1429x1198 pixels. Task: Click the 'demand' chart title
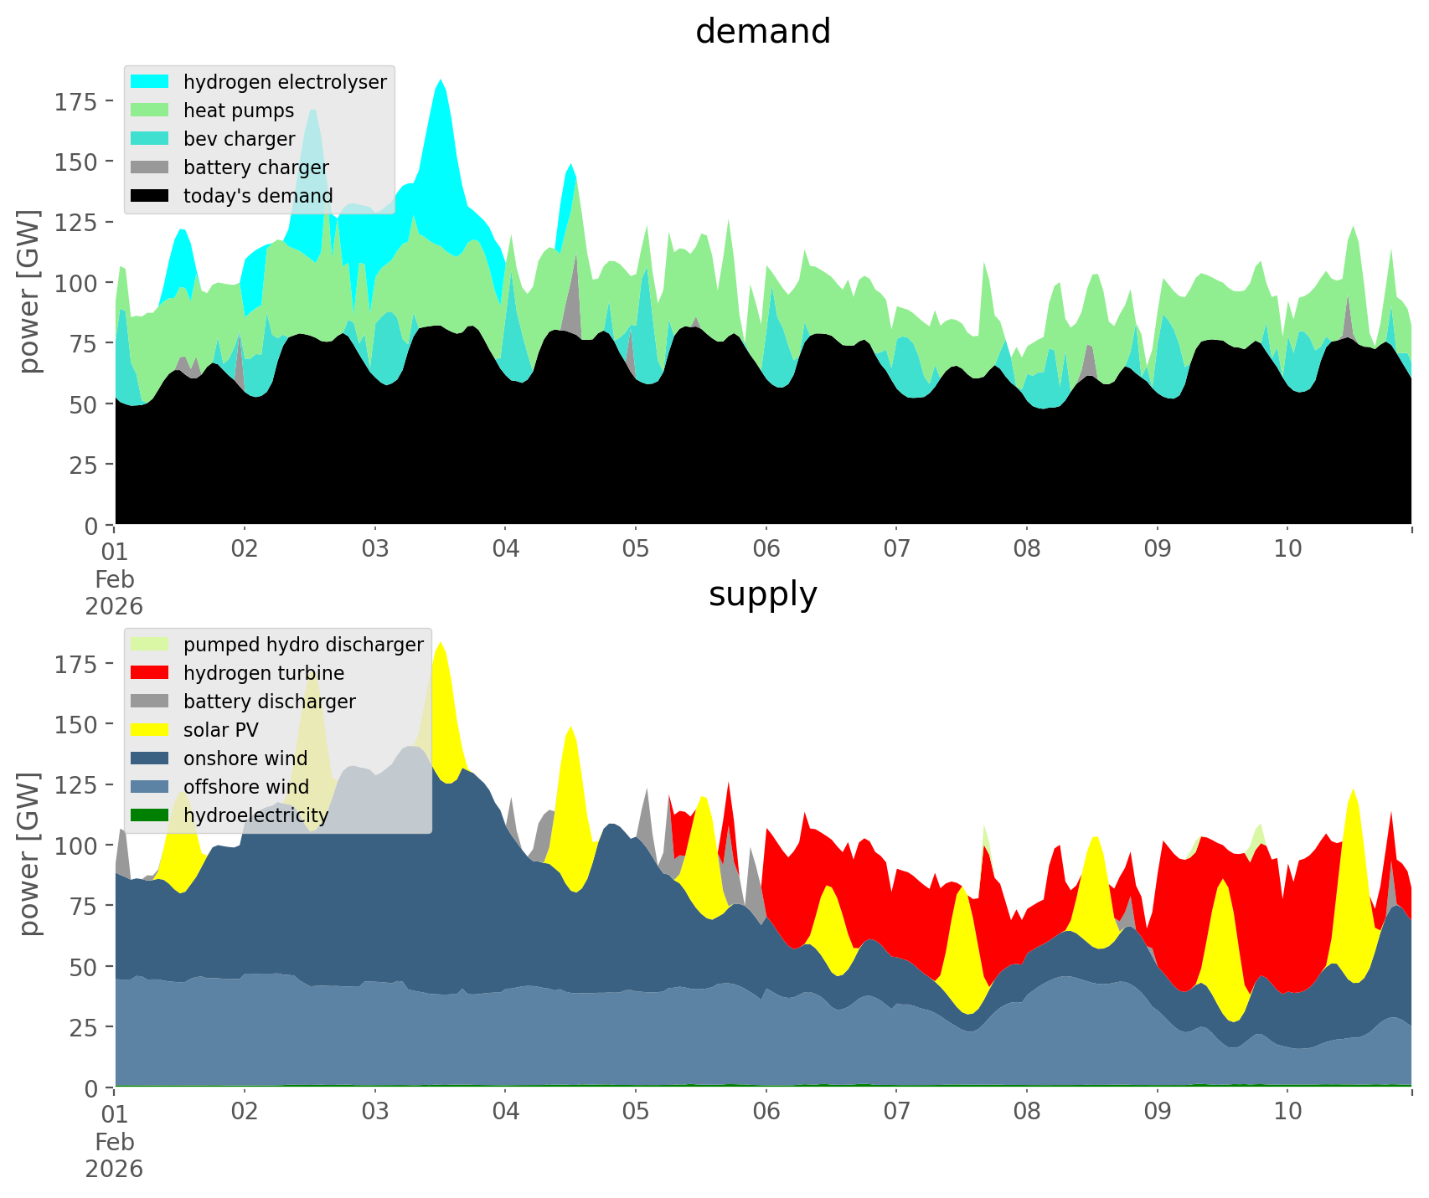pos(762,32)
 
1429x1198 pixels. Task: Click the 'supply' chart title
pos(762,594)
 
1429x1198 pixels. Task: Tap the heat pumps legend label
pos(239,111)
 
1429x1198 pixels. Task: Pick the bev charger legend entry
pos(239,139)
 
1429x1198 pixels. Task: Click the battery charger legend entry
pos(255,167)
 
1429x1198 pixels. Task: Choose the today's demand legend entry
pos(258,196)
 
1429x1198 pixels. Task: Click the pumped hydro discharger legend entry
pos(302,645)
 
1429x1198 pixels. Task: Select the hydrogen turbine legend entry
pos(263,673)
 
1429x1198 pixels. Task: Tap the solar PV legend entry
pos(220,730)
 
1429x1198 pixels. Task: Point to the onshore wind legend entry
pos(245,758)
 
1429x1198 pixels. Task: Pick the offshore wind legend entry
pos(245,787)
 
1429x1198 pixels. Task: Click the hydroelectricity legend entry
pos(255,815)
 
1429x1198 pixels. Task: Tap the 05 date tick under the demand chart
pos(636,549)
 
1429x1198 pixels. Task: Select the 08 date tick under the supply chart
pos(1027,1112)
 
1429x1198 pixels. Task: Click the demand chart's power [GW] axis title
pos(29,291)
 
